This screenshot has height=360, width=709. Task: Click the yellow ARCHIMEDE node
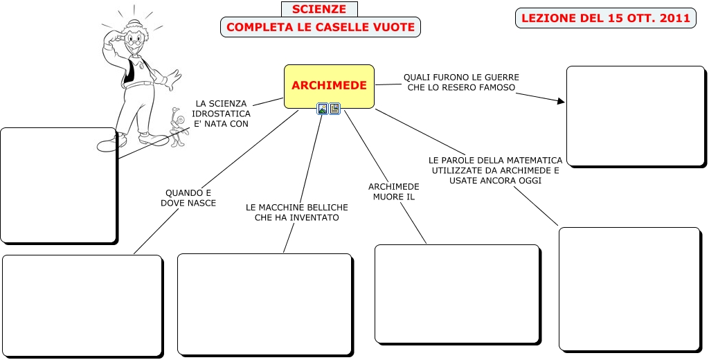tap(329, 86)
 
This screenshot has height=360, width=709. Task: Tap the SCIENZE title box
tap(319, 9)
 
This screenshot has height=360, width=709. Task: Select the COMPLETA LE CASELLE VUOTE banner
tap(321, 28)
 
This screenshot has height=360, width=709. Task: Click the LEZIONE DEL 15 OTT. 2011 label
tap(605, 18)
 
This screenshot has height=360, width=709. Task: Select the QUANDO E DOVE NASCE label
tap(188, 198)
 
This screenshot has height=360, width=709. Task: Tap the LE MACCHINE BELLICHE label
tap(292, 212)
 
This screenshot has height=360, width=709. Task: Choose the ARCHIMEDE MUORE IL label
tap(393, 192)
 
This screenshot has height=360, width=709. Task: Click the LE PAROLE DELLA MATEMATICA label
tap(495, 170)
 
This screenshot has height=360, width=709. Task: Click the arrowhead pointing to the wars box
tap(560, 101)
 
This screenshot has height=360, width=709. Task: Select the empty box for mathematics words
tap(629, 289)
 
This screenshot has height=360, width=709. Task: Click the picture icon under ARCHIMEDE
tap(323, 109)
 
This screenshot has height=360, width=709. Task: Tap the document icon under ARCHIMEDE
tap(334, 109)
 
